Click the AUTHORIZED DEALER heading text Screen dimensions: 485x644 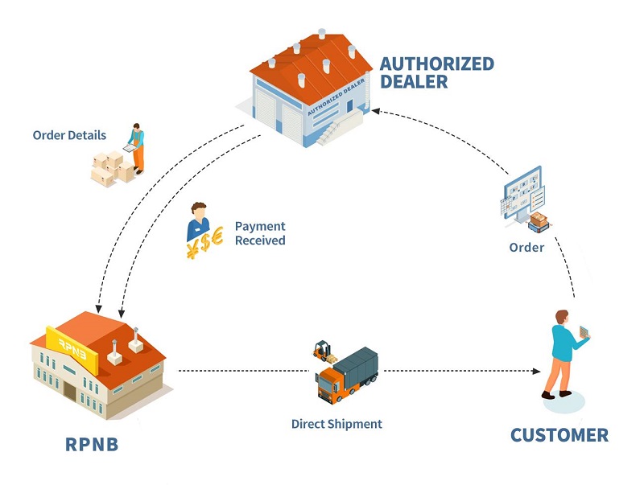click(x=436, y=72)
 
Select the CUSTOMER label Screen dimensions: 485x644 click(x=559, y=435)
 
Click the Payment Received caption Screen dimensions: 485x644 click(x=259, y=233)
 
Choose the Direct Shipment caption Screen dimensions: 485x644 click(x=336, y=424)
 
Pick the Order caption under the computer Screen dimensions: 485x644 click(x=526, y=248)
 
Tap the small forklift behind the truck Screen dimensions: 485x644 click(x=324, y=351)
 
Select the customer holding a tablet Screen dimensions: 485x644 click(x=563, y=354)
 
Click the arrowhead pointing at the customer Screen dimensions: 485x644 click(x=535, y=371)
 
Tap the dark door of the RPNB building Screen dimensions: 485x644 click(x=71, y=393)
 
